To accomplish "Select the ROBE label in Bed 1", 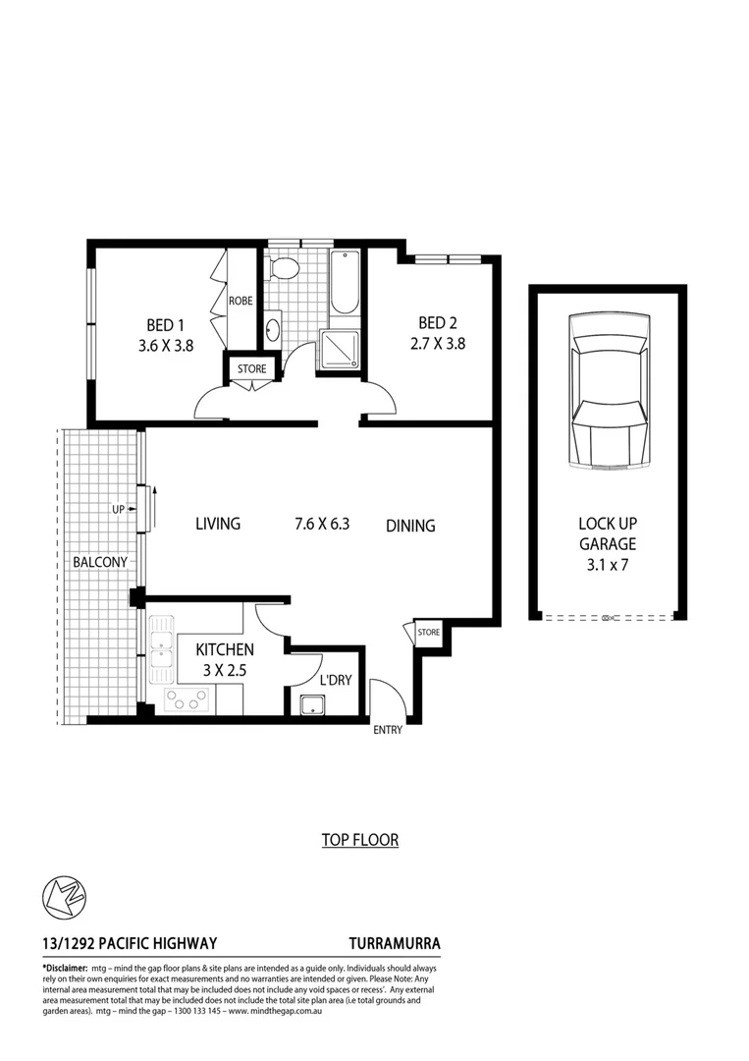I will click(x=241, y=302).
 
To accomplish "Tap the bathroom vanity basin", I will click(x=272, y=329).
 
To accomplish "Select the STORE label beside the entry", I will click(x=428, y=633).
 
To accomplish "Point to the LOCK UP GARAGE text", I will click(x=608, y=543).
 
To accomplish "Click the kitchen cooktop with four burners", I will click(x=187, y=698).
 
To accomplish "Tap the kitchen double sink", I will click(x=161, y=648).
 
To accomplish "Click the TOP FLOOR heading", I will click(x=359, y=840).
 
